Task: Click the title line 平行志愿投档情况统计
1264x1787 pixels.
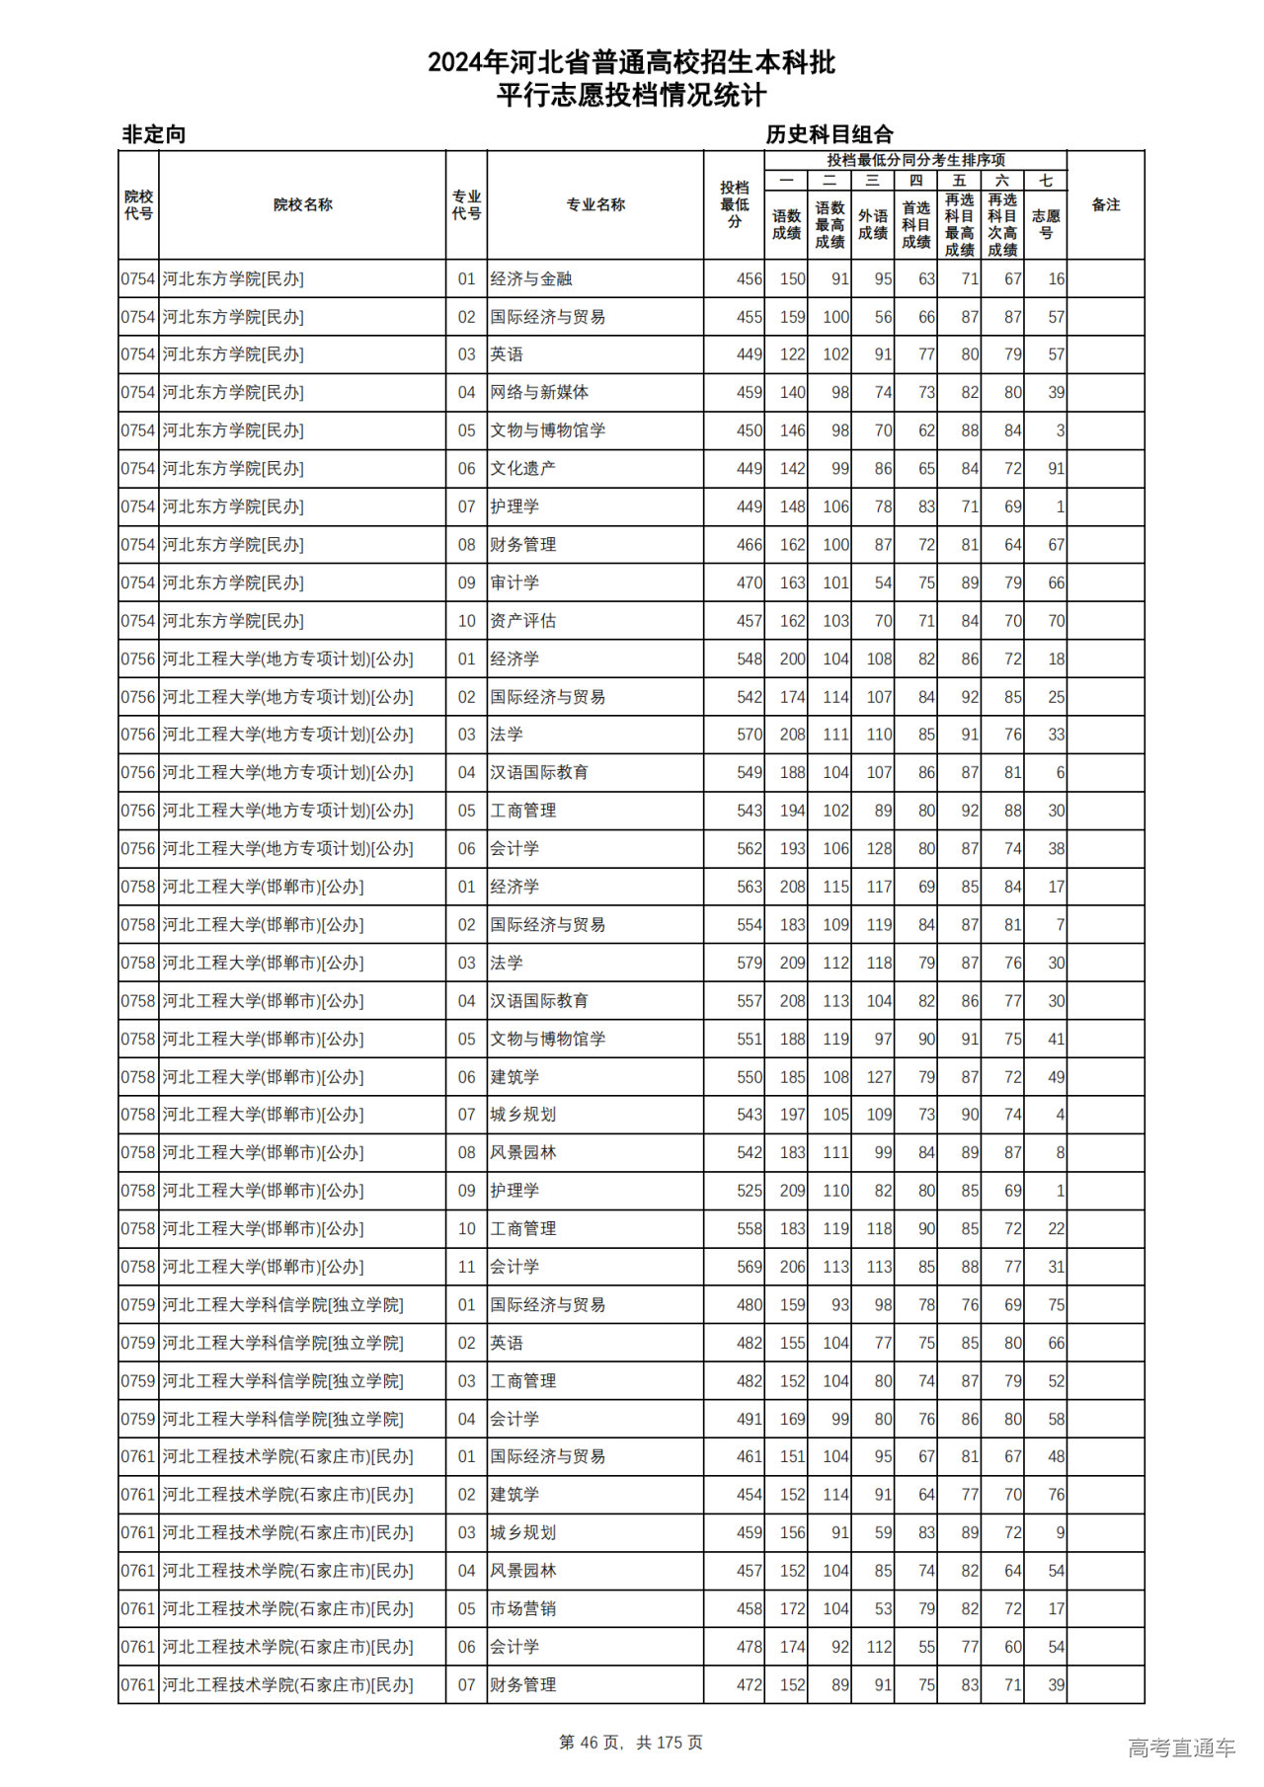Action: (x=631, y=96)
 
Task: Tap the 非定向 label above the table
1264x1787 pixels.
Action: (x=154, y=134)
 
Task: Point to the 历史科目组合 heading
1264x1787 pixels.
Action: (x=829, y=134)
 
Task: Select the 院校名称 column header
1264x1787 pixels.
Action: (x=302, y=205)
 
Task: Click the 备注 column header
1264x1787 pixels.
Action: (x=1105, y=205)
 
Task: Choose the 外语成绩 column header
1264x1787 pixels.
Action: (x=872, y=225)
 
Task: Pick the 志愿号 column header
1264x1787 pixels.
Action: (x=1045, y=225)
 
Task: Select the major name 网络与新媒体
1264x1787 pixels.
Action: (x=539, y=392)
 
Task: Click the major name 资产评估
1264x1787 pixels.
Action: (x=523, y=621)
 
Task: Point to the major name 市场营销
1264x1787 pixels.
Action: (x=523, y=1608)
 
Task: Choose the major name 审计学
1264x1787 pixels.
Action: (x=514, y=583)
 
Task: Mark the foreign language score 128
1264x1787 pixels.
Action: (x=878, y=848)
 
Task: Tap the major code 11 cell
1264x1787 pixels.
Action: (x=466, y=1267)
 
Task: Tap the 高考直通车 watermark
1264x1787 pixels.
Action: (x=1181, y=1748)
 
